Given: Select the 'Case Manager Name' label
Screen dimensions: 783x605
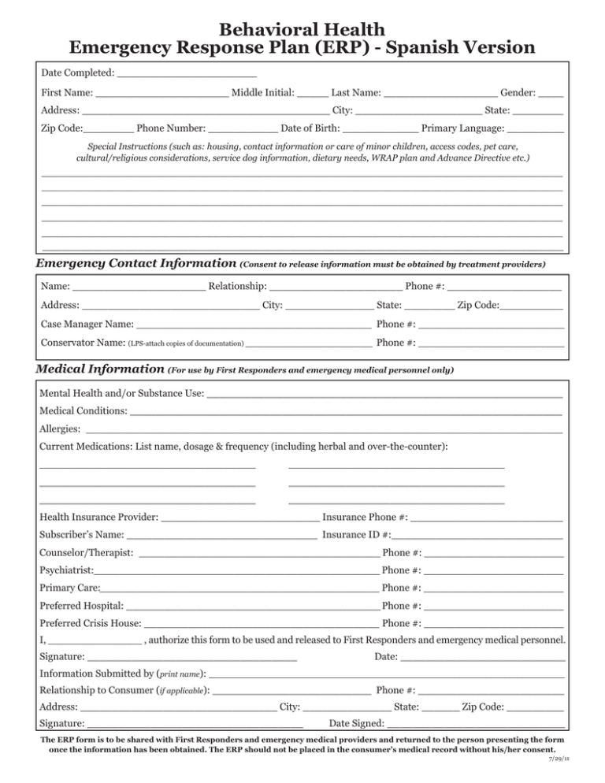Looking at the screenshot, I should tap(87, 324).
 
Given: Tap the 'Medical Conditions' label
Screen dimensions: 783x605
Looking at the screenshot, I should tap(83, 410).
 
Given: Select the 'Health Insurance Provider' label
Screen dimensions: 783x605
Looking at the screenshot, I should tap(99, 518).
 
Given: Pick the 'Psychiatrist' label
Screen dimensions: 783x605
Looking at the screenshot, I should tap(66, 570).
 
